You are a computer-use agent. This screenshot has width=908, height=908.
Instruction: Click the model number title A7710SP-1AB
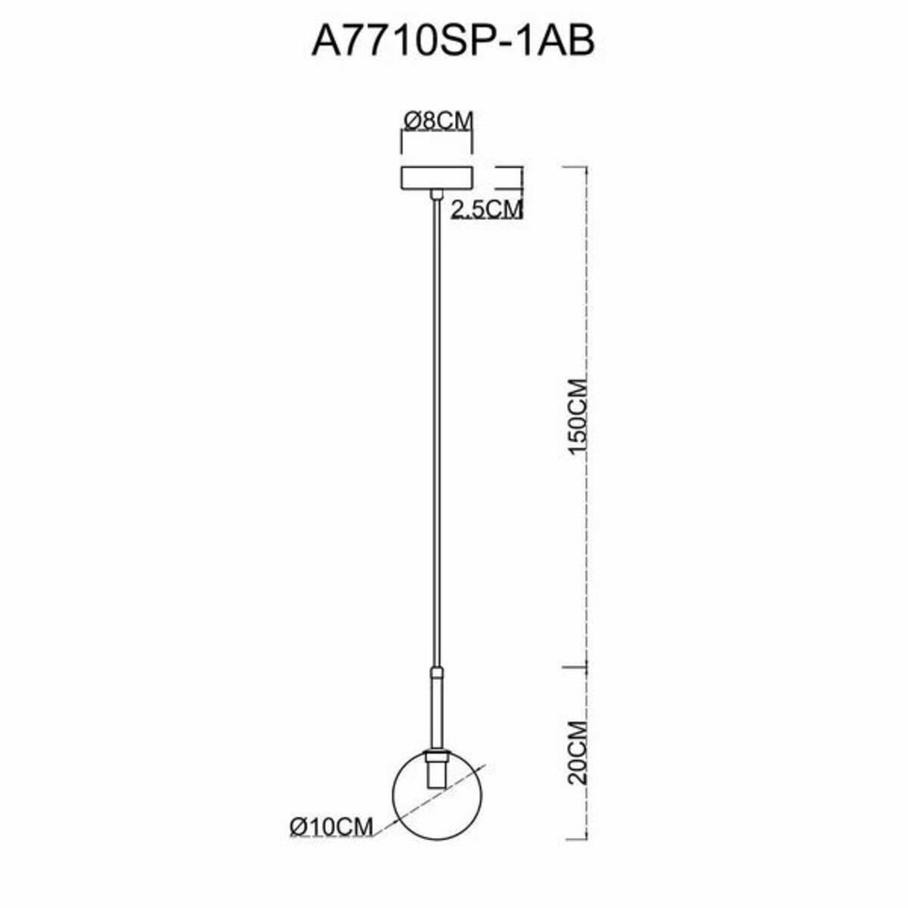[453, 41]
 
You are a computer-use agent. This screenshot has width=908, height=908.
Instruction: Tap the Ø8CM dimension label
[438, 120]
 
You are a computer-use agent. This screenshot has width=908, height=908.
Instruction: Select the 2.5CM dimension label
[487, 209]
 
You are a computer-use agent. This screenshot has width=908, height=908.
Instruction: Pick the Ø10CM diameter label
[331, 827]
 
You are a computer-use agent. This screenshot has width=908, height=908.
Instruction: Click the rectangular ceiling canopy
[437, 179]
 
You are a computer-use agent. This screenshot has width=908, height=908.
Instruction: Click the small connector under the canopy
[437, 195]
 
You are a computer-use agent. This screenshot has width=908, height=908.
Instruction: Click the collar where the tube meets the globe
[437, 757]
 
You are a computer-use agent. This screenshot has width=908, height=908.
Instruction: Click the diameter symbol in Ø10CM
[297, 827]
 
